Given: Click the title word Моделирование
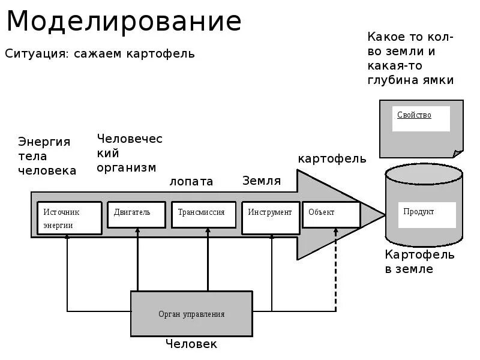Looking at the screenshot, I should click(124, 22).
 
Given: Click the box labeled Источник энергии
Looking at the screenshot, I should click(70, 218).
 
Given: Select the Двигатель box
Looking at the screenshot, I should click(136, 214).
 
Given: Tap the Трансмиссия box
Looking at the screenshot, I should click(204, 214).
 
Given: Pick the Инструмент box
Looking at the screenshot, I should click(271, 214).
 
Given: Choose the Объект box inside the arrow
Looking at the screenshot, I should click(331, 214).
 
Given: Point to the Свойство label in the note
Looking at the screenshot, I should click(415, 115).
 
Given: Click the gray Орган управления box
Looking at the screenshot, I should click(191, 313).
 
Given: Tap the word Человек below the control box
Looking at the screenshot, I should click(191, 344).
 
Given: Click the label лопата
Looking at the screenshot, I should click(191, 181).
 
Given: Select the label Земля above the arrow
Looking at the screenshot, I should click(262, 181).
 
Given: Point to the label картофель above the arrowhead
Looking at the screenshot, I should click(332, 159).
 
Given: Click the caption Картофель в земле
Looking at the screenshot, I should click(419, 262).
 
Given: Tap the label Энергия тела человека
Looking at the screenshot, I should click(47, 156).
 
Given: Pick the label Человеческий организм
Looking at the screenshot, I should click(130, 153).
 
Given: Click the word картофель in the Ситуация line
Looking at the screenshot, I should click(160, 53).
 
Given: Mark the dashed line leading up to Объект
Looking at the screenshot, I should click(335, 276).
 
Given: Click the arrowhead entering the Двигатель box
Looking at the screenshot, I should click(137, 231).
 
